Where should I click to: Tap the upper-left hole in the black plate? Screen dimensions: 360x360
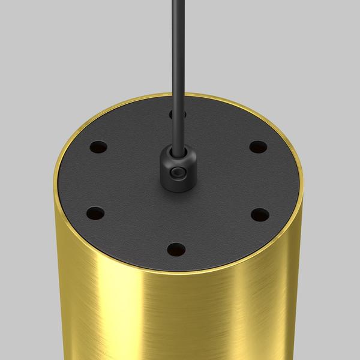click(x=99, y=146)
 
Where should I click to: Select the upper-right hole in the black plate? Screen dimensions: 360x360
click(x=258, y=146)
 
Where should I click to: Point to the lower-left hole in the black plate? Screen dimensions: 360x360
click(x=95, y=212)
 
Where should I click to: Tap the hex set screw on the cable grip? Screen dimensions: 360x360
click(x=176, y=173)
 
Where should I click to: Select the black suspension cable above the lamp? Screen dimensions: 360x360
click(x=176, y=60)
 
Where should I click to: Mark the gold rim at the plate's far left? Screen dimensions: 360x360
click(x=55, y=180)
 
